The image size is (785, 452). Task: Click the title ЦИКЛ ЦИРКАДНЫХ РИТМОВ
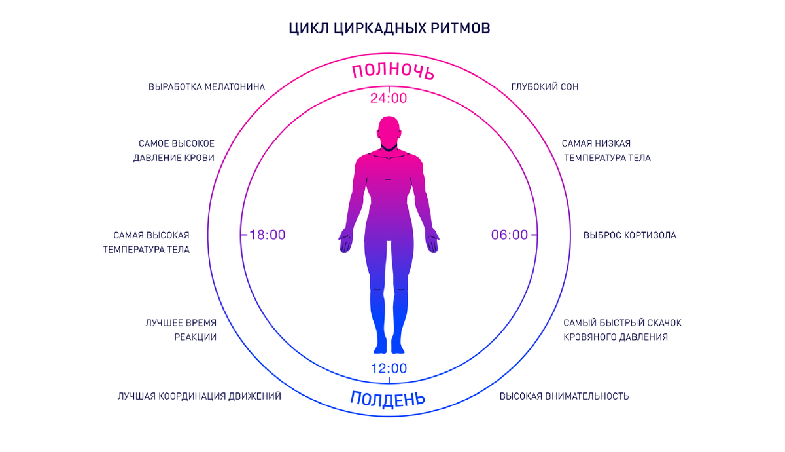pyautogui.click(x=389, y=29)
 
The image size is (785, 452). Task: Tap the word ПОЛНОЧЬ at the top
pyautogui.click(x=392, y=71)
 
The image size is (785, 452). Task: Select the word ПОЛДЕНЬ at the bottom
pyautogui.click(x=388, y=398)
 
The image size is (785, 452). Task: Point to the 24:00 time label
pyautogui.click(x=389, y=99)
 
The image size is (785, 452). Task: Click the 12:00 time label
pyautogui.click(x=389, y=369)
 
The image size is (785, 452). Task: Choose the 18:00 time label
pyautogui.click(x=268, y=235)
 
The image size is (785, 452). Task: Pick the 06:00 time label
pyautogui.click(x=510, y=235)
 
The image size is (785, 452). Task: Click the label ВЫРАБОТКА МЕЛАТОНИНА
pyautogui.click(x=207, y=86)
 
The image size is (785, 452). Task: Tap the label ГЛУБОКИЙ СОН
pyautogui.click(x=544, y=86)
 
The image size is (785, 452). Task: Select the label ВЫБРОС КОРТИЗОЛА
pyautogui.click(x=629, y=235)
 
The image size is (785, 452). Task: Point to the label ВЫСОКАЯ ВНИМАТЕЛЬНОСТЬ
pyautogui.click(x=564, y=396)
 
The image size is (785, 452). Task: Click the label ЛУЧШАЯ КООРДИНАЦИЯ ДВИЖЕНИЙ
pyautogui.click(x=200, y=396)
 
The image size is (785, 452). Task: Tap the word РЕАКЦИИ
pyautogui.click(x=195, y=337)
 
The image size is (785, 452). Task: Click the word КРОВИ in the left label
pyautogui.click(x=198, y=158)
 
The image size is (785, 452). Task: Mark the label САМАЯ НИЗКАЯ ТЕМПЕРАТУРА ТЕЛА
pyautogui.click(x=606, y=151)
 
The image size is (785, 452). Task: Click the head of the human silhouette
pyautogui.click(x=389, y=131)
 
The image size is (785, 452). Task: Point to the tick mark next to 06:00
pyautogui.click(x=533, y=235)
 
